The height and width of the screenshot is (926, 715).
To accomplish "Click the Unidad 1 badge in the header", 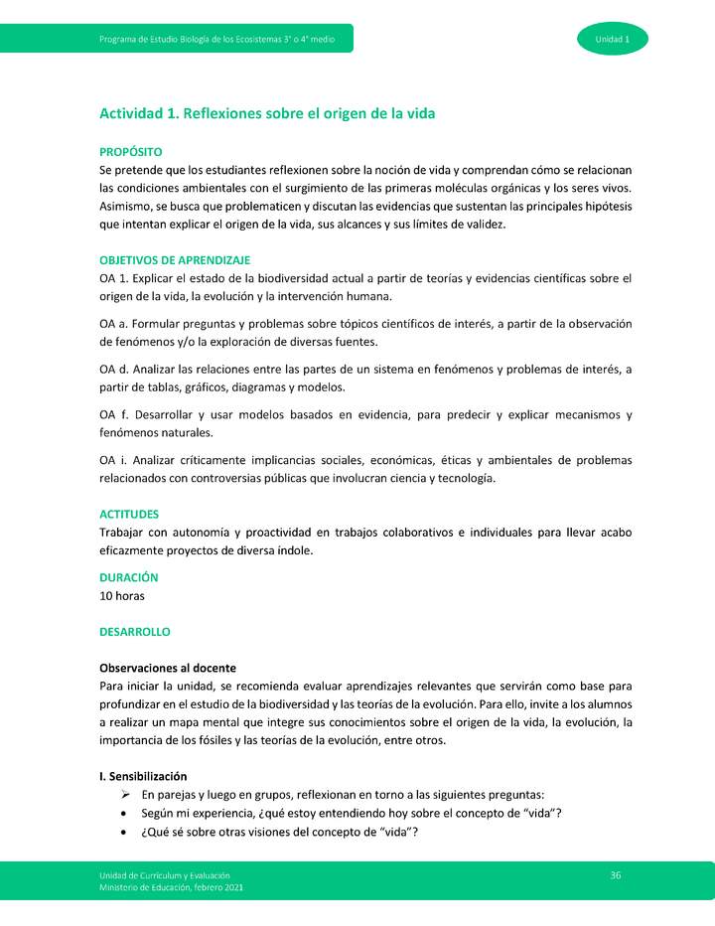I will tap(612, 39).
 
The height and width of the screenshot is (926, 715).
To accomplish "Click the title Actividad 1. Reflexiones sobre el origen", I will tap(267, 114).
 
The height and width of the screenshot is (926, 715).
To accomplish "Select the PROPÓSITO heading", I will tap(130, 152).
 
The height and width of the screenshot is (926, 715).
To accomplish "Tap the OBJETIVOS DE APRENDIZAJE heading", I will tap(175, 259).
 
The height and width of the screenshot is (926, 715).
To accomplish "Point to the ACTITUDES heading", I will tap(129, 515).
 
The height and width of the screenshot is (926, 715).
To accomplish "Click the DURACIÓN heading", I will tap(129, 577).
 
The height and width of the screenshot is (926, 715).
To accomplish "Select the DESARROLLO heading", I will tap(135, 632).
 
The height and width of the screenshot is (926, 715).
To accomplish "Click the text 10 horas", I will tap(122, 596).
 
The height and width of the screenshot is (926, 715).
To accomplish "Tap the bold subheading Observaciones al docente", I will tap(168, 668).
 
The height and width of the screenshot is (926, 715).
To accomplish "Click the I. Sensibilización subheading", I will tap(143, 776).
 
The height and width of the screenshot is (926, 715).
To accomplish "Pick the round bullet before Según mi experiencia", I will tap(122, 814).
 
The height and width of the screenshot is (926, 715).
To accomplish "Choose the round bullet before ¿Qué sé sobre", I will tap(122, 833).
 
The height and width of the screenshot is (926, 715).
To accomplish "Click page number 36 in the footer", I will tap(616, 874).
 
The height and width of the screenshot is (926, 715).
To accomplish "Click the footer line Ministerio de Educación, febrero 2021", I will tap(171, 886).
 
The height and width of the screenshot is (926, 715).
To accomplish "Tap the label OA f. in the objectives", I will tap(114, 414).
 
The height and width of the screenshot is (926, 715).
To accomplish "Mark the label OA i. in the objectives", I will tap(114, 460).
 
